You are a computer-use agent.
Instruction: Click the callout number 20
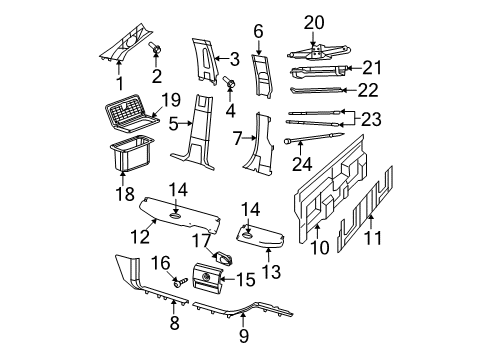tap(315, 22)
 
